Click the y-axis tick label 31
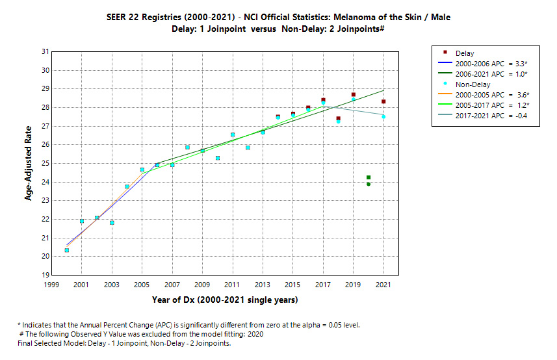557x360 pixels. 44,51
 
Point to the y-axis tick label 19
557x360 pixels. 44,275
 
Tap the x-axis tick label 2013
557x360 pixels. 263,285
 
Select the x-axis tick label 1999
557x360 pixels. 51,285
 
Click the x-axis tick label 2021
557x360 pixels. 383,285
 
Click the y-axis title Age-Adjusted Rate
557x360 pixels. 29,163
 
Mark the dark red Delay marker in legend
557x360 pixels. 444,52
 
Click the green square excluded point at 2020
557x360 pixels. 369,177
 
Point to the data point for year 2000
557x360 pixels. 66,250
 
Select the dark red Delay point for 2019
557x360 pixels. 354,95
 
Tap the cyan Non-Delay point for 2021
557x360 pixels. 383,116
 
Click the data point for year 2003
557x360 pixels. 112,223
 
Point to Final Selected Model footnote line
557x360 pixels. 124,343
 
